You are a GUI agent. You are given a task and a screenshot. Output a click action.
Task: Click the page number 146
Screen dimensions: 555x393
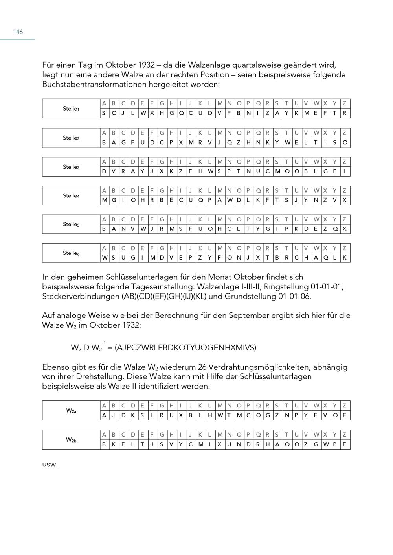click(18, 32)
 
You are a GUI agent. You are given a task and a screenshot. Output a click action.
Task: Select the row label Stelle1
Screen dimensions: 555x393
click(71, 109)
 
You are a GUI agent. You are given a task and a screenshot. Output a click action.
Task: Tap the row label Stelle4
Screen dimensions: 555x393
click(71, 195)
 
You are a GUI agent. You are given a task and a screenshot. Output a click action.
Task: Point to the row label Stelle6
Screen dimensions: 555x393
click(71, 253)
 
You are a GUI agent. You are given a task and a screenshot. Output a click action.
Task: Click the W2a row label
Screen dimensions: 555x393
click(71, 411)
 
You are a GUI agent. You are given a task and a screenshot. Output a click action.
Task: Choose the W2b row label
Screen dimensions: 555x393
click(71, 440)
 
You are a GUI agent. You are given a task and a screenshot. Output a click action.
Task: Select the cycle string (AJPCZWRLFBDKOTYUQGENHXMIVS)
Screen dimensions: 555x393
click(185, 347)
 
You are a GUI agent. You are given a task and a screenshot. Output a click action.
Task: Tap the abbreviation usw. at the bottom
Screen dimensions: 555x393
click(50, 464)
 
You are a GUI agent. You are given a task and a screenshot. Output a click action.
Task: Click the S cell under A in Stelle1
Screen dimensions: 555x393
click(104, 113)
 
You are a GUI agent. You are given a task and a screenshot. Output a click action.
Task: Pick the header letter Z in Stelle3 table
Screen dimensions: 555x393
click(344, 162)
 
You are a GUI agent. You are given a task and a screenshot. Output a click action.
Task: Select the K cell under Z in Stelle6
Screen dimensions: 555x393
click(344, 258)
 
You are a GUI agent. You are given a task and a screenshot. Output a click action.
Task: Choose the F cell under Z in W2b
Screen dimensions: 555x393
click(344, 444)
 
